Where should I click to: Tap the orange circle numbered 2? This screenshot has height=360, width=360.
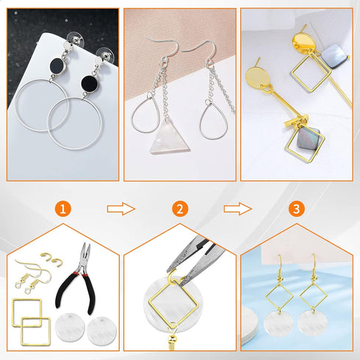point(179,209)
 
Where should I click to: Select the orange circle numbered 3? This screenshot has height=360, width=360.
point(296,209)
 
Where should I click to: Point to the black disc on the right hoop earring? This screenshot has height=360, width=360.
point(92,80)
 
